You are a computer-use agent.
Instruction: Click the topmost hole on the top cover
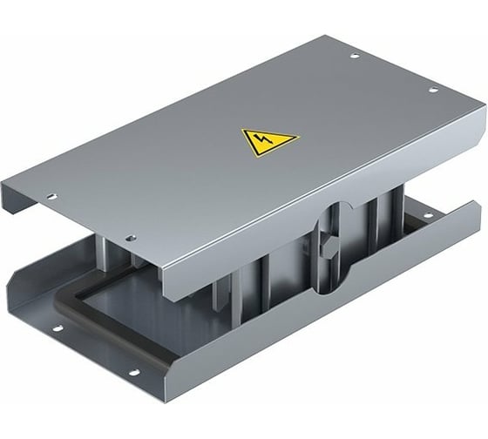click(354, 57)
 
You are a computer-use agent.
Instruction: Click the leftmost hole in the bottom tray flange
click(59, 330)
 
